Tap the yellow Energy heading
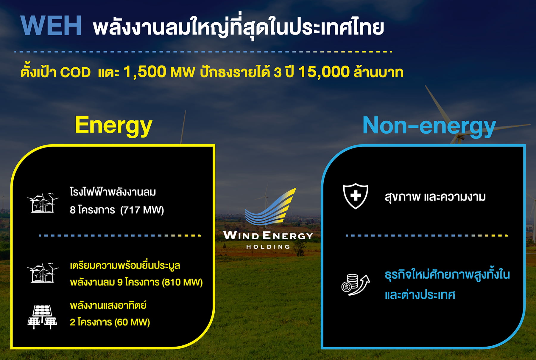click(x=113, y=125)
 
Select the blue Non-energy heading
click(x=429, y=126)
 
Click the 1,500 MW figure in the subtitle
click(x=159, y=72)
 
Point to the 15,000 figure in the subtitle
click(x=324, y=72)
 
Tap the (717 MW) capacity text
click(x=142, y=210)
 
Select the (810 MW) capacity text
click(x=182, y=282)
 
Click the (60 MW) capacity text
click(x=132, y=322)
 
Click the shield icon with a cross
click(x=356, y=196)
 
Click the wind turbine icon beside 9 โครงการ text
click(x=43, y=273)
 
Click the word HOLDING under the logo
click(x=268, y=247)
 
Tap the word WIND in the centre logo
click(x=241, y=236)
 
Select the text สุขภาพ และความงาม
click(x=435, y=197)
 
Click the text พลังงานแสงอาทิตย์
click(x=108, y=305)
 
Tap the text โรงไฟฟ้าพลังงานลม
click(x=113, y=192)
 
